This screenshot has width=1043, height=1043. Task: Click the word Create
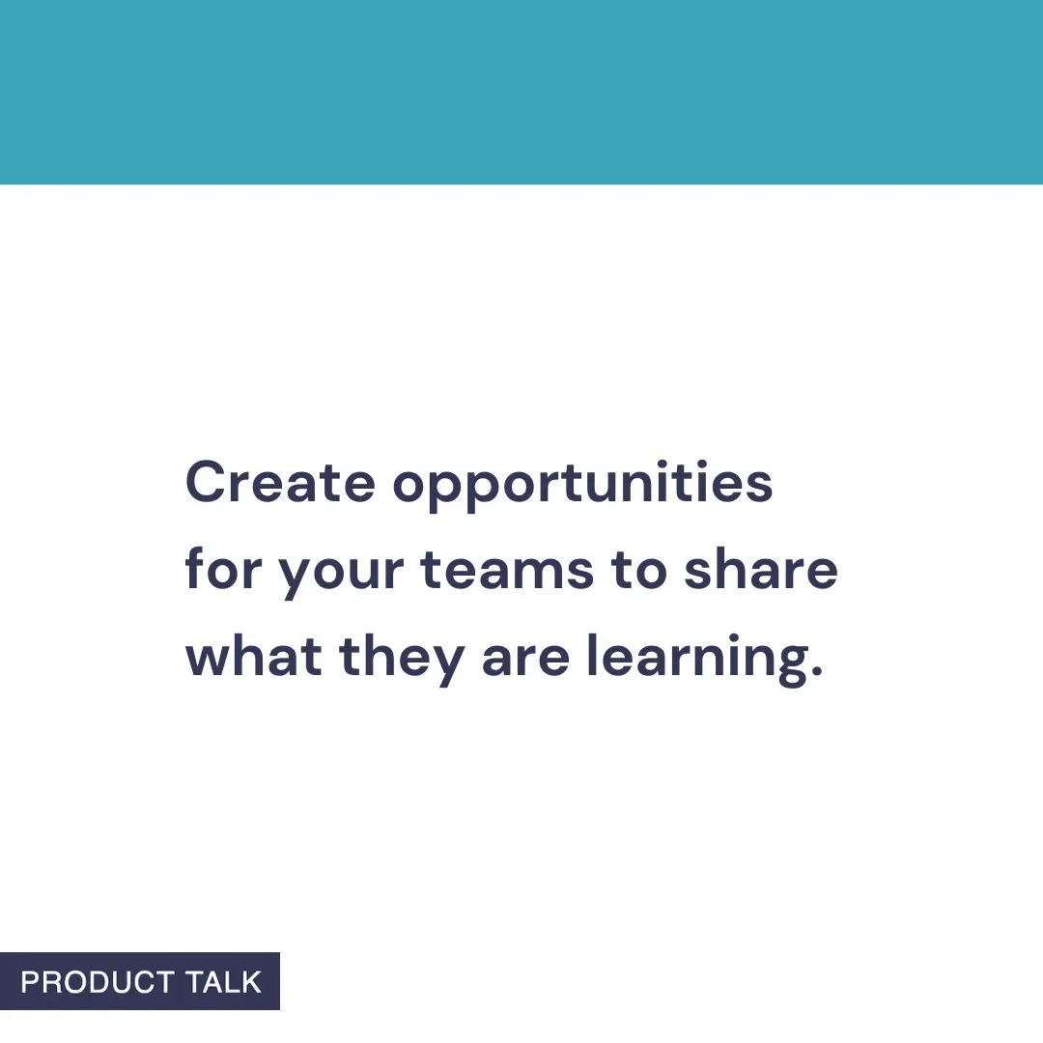[279, 482]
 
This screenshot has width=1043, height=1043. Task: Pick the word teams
[507, 570]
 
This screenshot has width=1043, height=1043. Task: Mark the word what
[253, 657]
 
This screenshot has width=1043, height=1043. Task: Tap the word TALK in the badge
[224, 982]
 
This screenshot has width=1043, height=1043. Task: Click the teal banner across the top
[521, 92]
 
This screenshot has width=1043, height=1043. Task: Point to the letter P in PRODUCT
[30, 982]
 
